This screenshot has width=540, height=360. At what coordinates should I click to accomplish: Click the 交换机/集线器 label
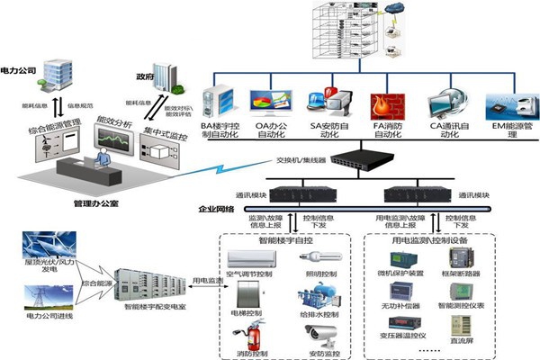click(295, 162)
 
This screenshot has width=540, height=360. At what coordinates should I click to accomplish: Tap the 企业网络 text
click(216, 209)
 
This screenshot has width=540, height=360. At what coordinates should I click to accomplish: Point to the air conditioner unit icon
click(256, 258)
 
